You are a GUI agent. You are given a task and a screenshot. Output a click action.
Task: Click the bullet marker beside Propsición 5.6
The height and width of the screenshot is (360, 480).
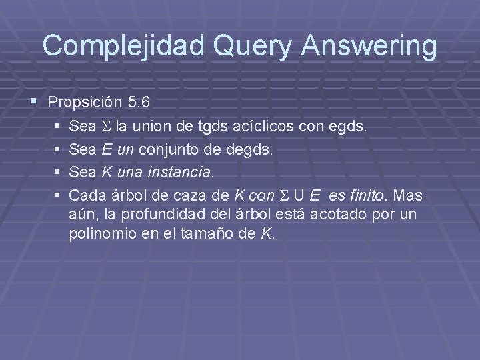[x=34, y=102]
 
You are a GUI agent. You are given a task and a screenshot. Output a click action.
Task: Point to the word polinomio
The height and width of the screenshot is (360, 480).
[x=96, y=234]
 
